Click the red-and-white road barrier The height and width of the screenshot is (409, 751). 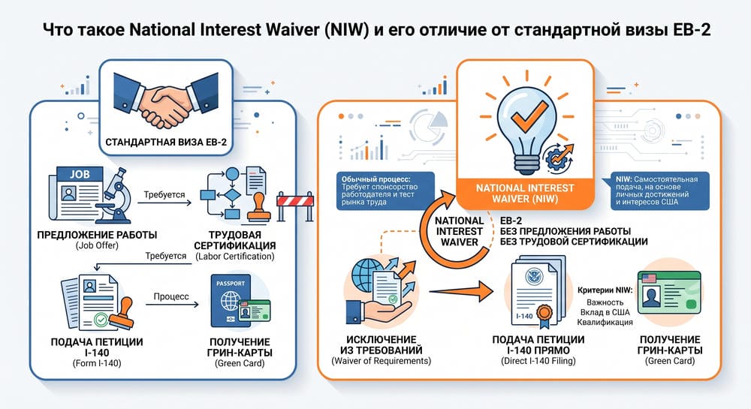(295, 206)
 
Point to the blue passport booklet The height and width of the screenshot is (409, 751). (231, 300)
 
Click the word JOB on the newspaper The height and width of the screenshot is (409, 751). (80, 174)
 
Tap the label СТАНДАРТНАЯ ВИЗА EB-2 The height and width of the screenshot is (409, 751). (166, 142)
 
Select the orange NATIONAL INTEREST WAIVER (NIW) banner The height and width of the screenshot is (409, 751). (525, 194)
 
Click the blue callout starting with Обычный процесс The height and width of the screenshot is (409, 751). (385, 191)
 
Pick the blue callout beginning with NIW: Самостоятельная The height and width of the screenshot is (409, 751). (659, 191)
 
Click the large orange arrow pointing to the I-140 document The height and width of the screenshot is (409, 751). (461, 290)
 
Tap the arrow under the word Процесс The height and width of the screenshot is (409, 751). (172, 304)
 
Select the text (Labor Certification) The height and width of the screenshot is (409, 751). (234, 257)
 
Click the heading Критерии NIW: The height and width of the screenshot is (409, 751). (605, 290)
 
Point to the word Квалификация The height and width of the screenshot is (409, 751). (605, 323)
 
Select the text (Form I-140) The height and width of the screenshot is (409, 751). (97, 363)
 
